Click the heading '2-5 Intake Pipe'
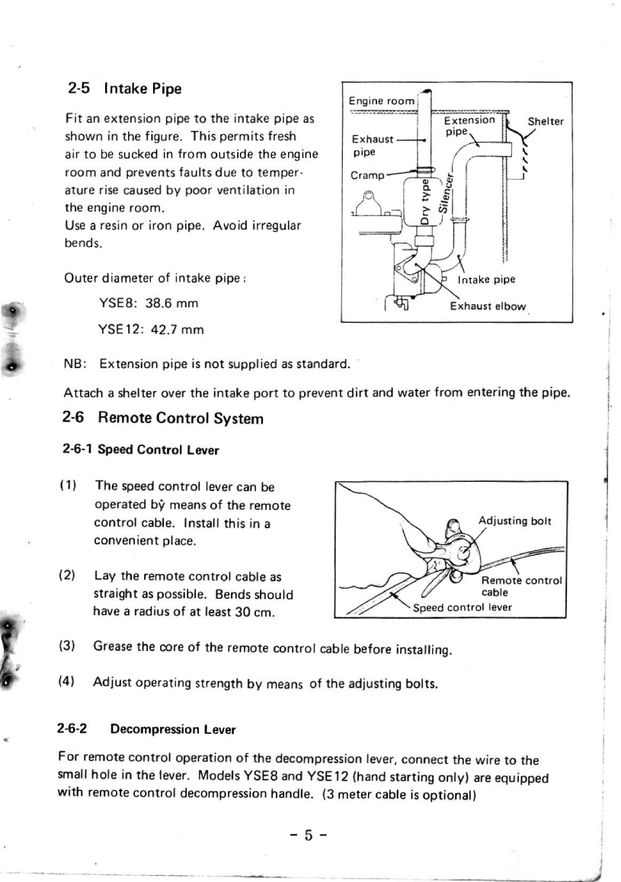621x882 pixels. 125,88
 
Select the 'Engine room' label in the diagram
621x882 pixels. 381,101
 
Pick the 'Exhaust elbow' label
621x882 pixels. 488,306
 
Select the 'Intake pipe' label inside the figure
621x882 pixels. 488,280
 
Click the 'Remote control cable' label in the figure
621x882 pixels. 522,585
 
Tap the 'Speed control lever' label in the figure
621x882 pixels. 463,608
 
